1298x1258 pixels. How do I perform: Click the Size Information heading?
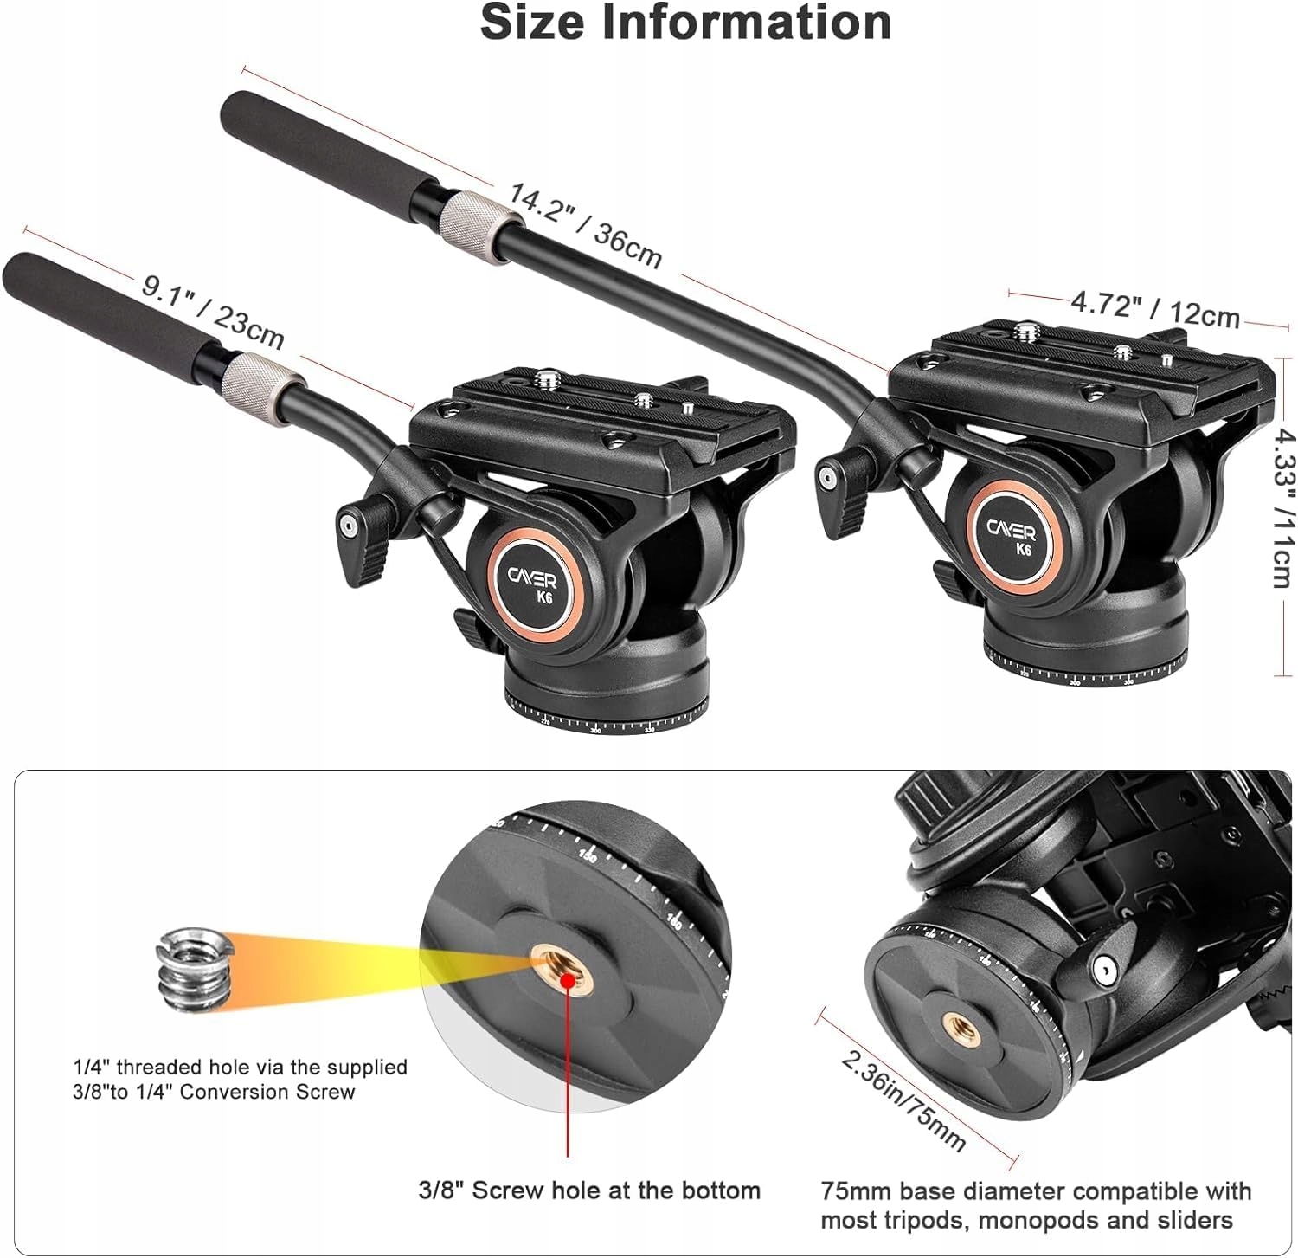click(x=685, y=23)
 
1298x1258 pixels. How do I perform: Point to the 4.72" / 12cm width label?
click(x=1155, y=309)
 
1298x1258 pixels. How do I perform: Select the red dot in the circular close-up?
click(x=568, y=979)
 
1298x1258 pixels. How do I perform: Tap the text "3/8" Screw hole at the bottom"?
click(x=589, y=1190)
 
